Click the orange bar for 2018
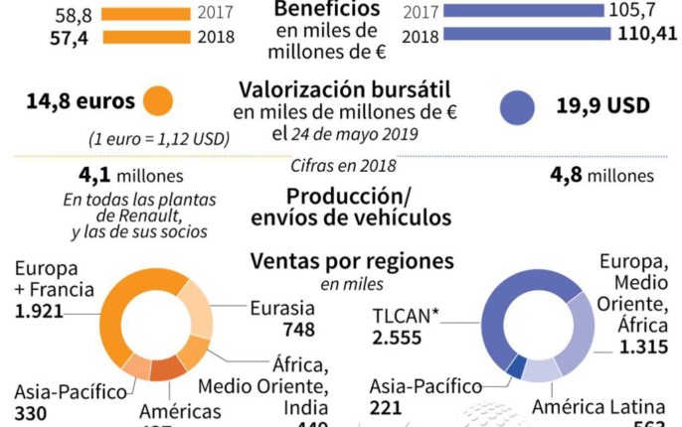(x=148, y=37)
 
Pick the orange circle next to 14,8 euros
(x=157, y=100)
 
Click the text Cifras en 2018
(x=343, y=166)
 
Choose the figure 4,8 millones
(x=601, y=175)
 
